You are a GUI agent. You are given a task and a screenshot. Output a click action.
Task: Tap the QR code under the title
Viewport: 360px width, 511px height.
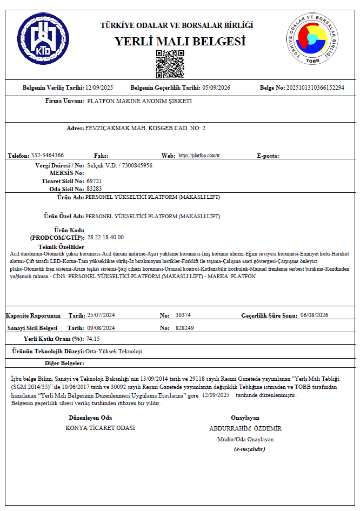coord(170,64)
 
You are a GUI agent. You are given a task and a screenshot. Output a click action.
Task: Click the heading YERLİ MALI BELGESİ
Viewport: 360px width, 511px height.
coord(180,41)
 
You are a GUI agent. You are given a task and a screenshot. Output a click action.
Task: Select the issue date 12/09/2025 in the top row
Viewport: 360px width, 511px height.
coord(99,88)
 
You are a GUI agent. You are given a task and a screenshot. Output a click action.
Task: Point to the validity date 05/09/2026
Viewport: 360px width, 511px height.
coord(216,88)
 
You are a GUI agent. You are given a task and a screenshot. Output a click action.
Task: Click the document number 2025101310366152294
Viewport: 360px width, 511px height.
coord(315,88)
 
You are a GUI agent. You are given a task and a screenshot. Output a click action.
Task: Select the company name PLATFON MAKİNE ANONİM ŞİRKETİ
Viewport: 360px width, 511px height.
coord(139,101)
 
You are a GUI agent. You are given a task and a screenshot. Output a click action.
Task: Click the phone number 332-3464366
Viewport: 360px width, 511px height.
coord(48,156)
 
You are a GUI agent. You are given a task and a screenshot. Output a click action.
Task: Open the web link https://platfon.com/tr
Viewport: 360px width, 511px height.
coord(199,156)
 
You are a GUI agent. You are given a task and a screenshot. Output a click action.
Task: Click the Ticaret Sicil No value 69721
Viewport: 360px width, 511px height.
coord(94,181)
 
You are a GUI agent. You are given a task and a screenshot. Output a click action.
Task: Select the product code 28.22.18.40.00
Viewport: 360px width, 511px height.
coord(105,237)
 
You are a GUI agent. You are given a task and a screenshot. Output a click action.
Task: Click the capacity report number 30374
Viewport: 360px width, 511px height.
coord(183,315)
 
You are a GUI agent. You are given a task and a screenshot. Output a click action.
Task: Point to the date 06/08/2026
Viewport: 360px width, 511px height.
coord(314,315)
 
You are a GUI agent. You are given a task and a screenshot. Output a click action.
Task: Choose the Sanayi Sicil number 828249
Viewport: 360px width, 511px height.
coord(185,328)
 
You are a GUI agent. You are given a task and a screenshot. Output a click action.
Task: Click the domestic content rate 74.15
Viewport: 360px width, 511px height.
coord(93,339)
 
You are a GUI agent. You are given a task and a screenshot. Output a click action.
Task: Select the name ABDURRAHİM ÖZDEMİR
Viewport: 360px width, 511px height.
coord(245,428)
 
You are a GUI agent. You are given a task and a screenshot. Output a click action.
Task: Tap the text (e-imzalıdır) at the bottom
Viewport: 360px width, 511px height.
coord(249,449)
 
